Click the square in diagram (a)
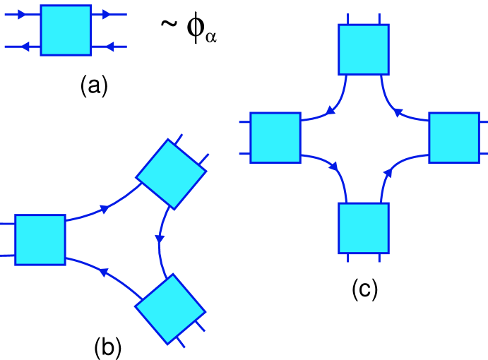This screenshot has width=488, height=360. [x=66, y=30]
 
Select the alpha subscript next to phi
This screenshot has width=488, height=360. [x=210, y=37]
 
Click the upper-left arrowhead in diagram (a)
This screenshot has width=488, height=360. [x=22, y=13]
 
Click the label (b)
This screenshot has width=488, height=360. [x=108, y=346]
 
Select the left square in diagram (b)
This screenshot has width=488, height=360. [x=40, y=239]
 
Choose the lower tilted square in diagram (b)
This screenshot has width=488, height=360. [x=169, y=309]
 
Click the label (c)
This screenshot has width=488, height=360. [x=365, y=289]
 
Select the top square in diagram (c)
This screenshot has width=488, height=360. [x=364, y=49]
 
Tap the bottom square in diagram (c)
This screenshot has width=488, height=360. [x=364, y=227]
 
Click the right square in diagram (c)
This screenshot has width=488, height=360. [x=453, y=138]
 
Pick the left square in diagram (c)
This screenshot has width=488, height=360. [x=275, y=138]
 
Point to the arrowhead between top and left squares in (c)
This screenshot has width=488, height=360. [x=329, y=111]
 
